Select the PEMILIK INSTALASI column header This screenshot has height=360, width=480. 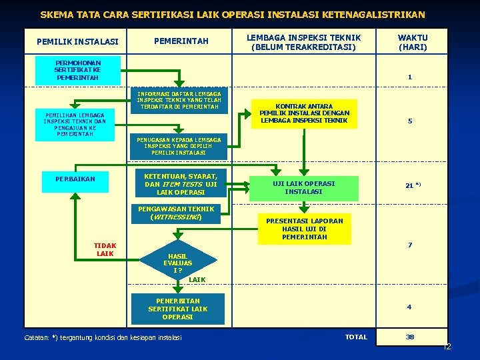[77, 42]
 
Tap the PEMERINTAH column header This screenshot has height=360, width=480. [181, 41]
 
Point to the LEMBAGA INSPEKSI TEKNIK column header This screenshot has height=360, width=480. [303, 42]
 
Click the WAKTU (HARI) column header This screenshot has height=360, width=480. [413, 42]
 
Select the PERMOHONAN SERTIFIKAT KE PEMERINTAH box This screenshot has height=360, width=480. [78, 69]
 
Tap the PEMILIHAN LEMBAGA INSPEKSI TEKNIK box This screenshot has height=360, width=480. [75, 125]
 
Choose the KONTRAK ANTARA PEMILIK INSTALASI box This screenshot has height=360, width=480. [303, 113]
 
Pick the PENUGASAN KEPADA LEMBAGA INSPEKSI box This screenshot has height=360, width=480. [179, 146]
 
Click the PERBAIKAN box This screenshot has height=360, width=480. [75, 179]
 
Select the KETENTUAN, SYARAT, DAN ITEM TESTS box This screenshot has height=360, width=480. [181, 183]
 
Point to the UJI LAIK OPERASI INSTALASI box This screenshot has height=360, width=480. [303, 187]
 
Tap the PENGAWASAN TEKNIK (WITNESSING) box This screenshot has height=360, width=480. [176, 213]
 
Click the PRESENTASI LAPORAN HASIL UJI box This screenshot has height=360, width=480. [304, 229]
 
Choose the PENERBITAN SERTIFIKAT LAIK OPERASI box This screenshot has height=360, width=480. [177, 309]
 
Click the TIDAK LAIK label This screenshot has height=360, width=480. [105, 249]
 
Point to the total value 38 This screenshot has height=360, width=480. [410, 337]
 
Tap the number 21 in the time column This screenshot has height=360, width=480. [409, 186]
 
